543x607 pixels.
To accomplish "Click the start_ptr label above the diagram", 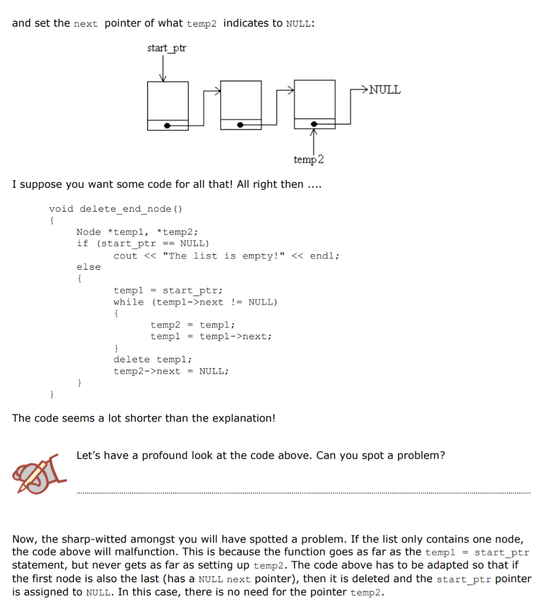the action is click(x=167, y=48).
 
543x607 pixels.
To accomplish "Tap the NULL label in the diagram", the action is click(x=385, y=90).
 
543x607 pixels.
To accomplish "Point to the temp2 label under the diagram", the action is click(x=309, y=160).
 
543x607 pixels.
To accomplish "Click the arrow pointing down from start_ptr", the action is click(x=164, y=69).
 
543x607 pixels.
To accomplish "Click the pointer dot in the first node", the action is click(x=168, y=125).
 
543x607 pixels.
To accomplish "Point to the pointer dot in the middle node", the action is click(x=241, y=125).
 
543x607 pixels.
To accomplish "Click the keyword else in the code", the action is click(x=89, y=267).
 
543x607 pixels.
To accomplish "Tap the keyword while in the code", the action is click(x=129, y=302).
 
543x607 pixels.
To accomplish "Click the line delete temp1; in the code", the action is click(x=152, y=359).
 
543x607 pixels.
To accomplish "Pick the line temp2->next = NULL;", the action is click(x=171, y=371).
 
